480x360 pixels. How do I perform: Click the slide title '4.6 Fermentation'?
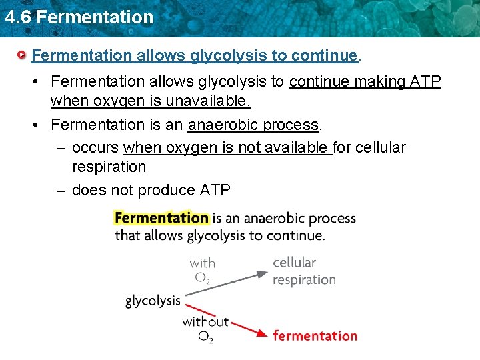click(x=79, y=17)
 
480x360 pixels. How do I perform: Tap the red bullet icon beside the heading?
click(x=23, y=55)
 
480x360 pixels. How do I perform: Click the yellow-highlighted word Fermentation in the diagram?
click(x=162, y=218)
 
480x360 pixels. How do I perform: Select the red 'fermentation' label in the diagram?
click(x=315, y=336)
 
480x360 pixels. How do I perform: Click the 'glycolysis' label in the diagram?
click(x=153, y=301)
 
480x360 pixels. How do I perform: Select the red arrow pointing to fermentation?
click(x=227, y=321)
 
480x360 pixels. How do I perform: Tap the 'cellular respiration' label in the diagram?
click(x=304, y=271)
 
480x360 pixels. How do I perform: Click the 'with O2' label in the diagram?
click(x=202, y=271)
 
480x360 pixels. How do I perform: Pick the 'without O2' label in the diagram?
click(x=205, y=329)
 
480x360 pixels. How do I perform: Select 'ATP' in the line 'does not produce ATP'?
click(x=215, y=190)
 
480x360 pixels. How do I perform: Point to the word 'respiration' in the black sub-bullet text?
click(x=109, y=167)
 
